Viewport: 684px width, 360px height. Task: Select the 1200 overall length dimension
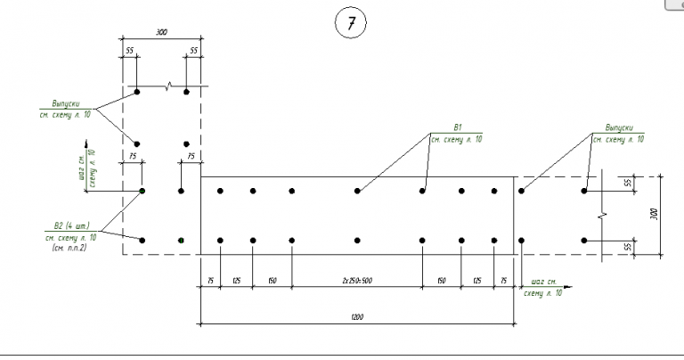355,315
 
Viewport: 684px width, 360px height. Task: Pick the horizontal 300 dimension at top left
161,32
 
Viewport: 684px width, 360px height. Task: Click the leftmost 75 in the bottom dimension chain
209,281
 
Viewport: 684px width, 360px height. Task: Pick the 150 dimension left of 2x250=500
272,281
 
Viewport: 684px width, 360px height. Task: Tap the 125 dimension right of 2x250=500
476,281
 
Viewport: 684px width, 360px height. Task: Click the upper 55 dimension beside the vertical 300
627,182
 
